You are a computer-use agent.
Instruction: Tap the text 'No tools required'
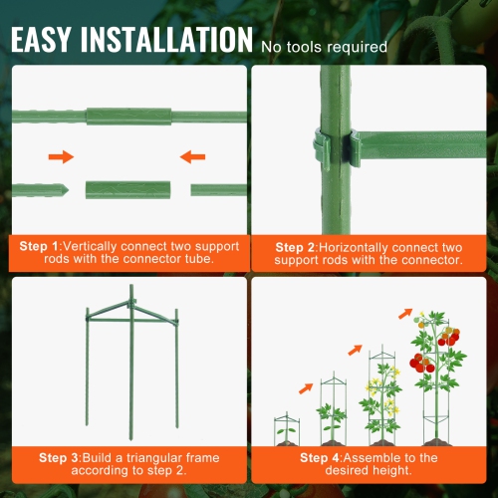(324, 46)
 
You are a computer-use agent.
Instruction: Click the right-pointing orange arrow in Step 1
(62, 156)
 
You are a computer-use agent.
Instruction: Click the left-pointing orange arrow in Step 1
(194, 156)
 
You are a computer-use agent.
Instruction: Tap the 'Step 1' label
(42, 245)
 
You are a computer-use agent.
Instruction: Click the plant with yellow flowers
(384, 398)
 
